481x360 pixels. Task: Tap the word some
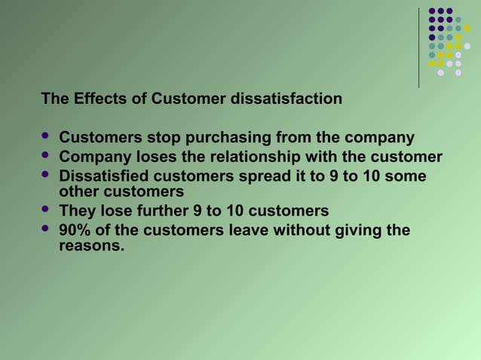(408, 176)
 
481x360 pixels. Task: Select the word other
(78, 191)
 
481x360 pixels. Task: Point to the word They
(77, 210)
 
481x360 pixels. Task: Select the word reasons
(91, 245)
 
